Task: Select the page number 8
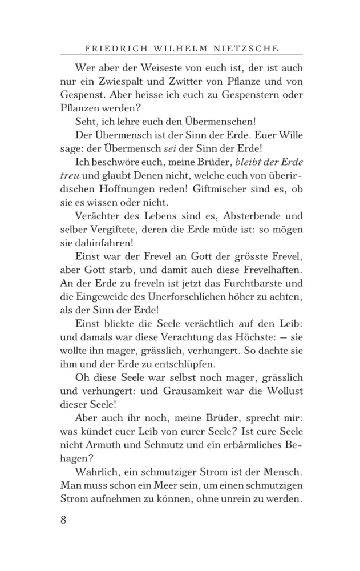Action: click(x=63, y=520)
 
